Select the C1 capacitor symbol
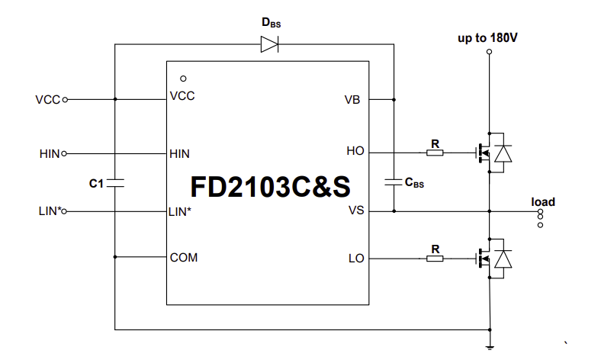click(x=114, y=183)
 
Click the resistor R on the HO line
click(x=435, y=152)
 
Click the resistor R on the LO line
click(x=435, y=259)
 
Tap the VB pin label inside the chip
click(x=352, y=99)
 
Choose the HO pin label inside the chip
click(x=355, y=152)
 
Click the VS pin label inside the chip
click(x=355, y=211)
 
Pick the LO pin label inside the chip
click(x=355, y=259)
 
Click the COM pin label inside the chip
click(x=184, y=258)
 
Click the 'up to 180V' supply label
click(x=489, y=37)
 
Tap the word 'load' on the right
click(x=543, y=202)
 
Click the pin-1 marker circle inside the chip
click(x=183, y=78)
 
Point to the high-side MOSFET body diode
click(x=503, y=153)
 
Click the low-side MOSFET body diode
click(x=503, y=259)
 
